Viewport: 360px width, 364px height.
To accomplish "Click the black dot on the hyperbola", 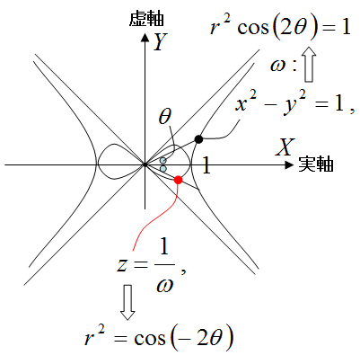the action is pyautogui.click(x=198, y=139).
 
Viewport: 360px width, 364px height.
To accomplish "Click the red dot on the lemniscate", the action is pyautogui.click(x=178, y=180).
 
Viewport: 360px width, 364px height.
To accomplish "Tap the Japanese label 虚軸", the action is pyautogui.click(x=146, y=19).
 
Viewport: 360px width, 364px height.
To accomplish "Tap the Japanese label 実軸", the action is pyautogui.click(x=316, y=164).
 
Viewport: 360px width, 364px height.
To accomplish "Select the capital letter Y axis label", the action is pyautogui.click(x=160, y=41).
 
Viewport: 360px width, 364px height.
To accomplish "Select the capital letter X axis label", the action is pyautogui.click(x=285, y=146).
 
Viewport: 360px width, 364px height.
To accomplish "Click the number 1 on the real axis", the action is pyautogui.click(x=206, y=165).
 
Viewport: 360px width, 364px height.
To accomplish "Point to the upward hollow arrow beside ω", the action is pyautogui.click(x=310, y=64).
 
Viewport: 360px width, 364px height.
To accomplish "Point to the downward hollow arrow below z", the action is pyautogui.click(x=127, y=302).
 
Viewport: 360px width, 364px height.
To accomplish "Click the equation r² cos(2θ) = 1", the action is pyautogui.click(x=280, y=28).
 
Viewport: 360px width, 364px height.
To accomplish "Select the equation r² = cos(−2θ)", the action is pyautogui.click(x=159, y=339).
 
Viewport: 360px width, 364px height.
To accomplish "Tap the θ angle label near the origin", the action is pyautogui.click(x=165, y=117).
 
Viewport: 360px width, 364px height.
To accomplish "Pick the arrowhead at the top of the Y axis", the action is pyautogui.click(x=145, y=38).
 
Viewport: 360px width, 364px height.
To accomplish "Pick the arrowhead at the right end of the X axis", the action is pyautogui.click(x=289, y=164).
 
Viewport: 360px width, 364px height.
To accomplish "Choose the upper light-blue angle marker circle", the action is pyautogui.click(x=162, y=161).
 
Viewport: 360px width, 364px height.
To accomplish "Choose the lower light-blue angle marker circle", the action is pyautogui.click(x=163, y=169).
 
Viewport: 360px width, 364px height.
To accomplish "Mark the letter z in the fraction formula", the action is pyautogui.click(x=121, y=265).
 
